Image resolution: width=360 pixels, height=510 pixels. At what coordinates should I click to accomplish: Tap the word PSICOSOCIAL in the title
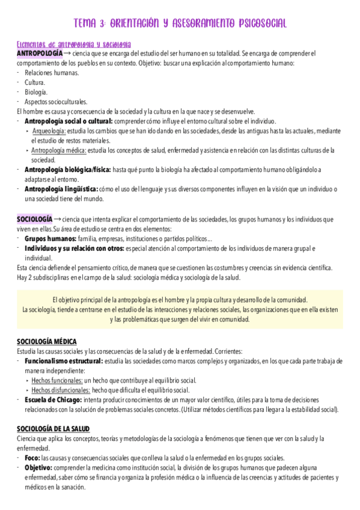coord(255,23)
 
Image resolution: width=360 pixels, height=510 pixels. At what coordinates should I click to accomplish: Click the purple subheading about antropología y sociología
coord(75,45)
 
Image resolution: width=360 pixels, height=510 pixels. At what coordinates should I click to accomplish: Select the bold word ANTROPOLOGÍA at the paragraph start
coord(39,54)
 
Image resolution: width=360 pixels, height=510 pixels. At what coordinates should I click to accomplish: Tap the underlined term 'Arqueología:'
coord(49,131)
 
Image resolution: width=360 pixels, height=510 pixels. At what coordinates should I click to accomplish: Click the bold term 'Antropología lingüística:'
coord(61,189)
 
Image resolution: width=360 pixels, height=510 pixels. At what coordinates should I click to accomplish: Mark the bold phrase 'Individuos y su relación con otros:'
coord(74,248)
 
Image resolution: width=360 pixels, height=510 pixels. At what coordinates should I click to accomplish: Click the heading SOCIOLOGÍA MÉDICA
coord(47,341)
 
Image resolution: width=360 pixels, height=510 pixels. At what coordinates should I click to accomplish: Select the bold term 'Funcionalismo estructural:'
coord(63,361)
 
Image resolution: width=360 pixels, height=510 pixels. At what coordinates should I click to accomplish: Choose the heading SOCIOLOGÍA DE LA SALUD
coord(53,429)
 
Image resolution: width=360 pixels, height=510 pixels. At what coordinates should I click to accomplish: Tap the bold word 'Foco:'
coord(32,458)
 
